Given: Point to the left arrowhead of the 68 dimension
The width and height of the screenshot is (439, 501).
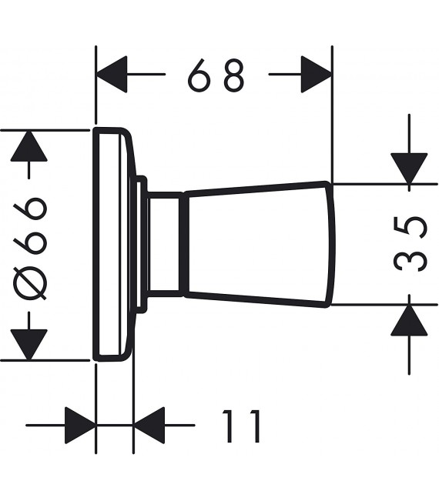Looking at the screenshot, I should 111,75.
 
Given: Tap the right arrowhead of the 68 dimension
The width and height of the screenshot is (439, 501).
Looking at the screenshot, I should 317,75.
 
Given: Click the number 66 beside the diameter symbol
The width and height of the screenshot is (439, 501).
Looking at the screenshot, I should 31,227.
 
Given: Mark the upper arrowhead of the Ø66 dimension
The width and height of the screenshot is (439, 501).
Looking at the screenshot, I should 29,146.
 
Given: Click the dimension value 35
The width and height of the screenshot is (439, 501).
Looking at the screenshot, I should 410,243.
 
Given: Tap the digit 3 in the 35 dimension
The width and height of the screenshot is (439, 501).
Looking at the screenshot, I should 410,260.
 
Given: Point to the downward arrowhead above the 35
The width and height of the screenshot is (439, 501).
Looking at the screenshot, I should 409,169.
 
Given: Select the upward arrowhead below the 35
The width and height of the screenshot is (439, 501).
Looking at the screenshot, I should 409,319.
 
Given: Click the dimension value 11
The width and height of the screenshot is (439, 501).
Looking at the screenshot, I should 242,426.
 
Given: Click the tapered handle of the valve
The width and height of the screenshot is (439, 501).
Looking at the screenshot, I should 258,243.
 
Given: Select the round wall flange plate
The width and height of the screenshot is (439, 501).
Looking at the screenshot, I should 112,243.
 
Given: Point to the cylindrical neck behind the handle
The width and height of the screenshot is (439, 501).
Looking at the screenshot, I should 164,243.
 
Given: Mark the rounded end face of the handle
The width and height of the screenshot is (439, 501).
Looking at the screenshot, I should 330,243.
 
